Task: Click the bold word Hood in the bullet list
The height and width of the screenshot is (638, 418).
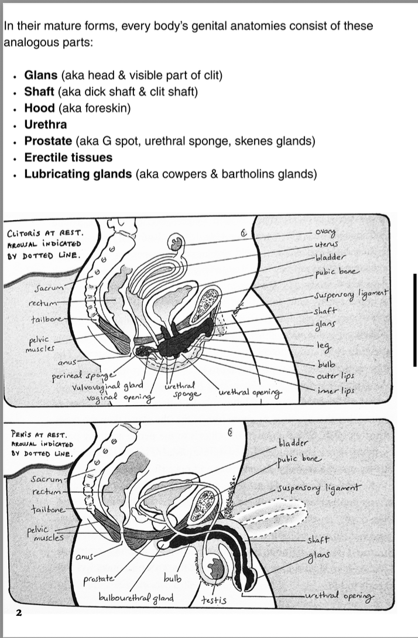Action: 39,108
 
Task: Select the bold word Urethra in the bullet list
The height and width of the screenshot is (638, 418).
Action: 45,125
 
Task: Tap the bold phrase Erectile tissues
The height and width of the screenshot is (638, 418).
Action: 68,157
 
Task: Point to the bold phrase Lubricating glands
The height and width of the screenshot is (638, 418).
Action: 77,174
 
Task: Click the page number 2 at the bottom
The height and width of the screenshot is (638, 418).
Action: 19,613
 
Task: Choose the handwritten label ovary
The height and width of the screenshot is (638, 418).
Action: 326,232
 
